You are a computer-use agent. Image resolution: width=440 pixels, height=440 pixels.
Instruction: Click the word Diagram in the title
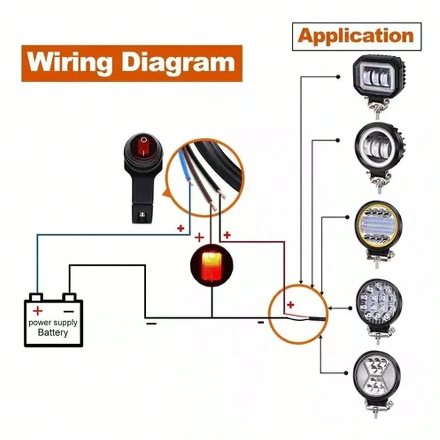(x=179, y=63)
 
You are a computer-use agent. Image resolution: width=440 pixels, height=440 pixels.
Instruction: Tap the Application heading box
(x=357, y=37)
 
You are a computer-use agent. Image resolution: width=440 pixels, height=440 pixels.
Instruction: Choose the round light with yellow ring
(x=378, y=233)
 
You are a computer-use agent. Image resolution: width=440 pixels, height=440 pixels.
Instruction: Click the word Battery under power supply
(x=53, y=333)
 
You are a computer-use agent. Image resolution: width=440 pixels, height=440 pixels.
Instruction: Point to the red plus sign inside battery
(x=38, y=311)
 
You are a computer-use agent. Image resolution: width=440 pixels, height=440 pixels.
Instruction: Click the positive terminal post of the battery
(x=37, y=297)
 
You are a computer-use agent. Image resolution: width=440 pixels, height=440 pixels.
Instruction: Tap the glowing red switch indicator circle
(x=212, y=264)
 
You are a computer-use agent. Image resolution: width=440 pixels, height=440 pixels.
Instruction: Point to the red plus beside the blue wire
(x=181, y=228)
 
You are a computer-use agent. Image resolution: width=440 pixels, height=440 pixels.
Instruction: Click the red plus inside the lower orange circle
(x=290, y=305)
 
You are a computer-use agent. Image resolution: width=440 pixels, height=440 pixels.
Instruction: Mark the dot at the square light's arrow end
(x=338, y=77)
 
